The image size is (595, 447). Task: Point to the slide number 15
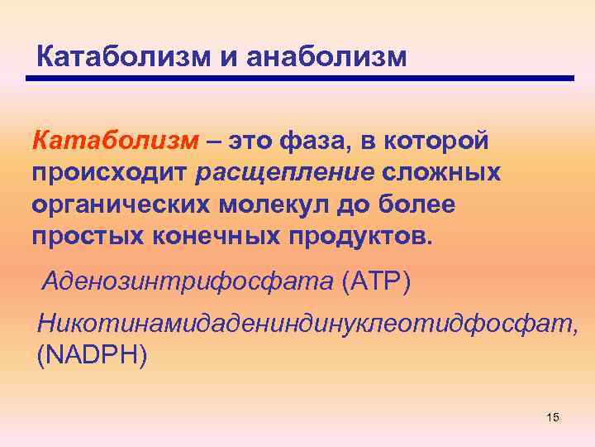coord(553,418)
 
